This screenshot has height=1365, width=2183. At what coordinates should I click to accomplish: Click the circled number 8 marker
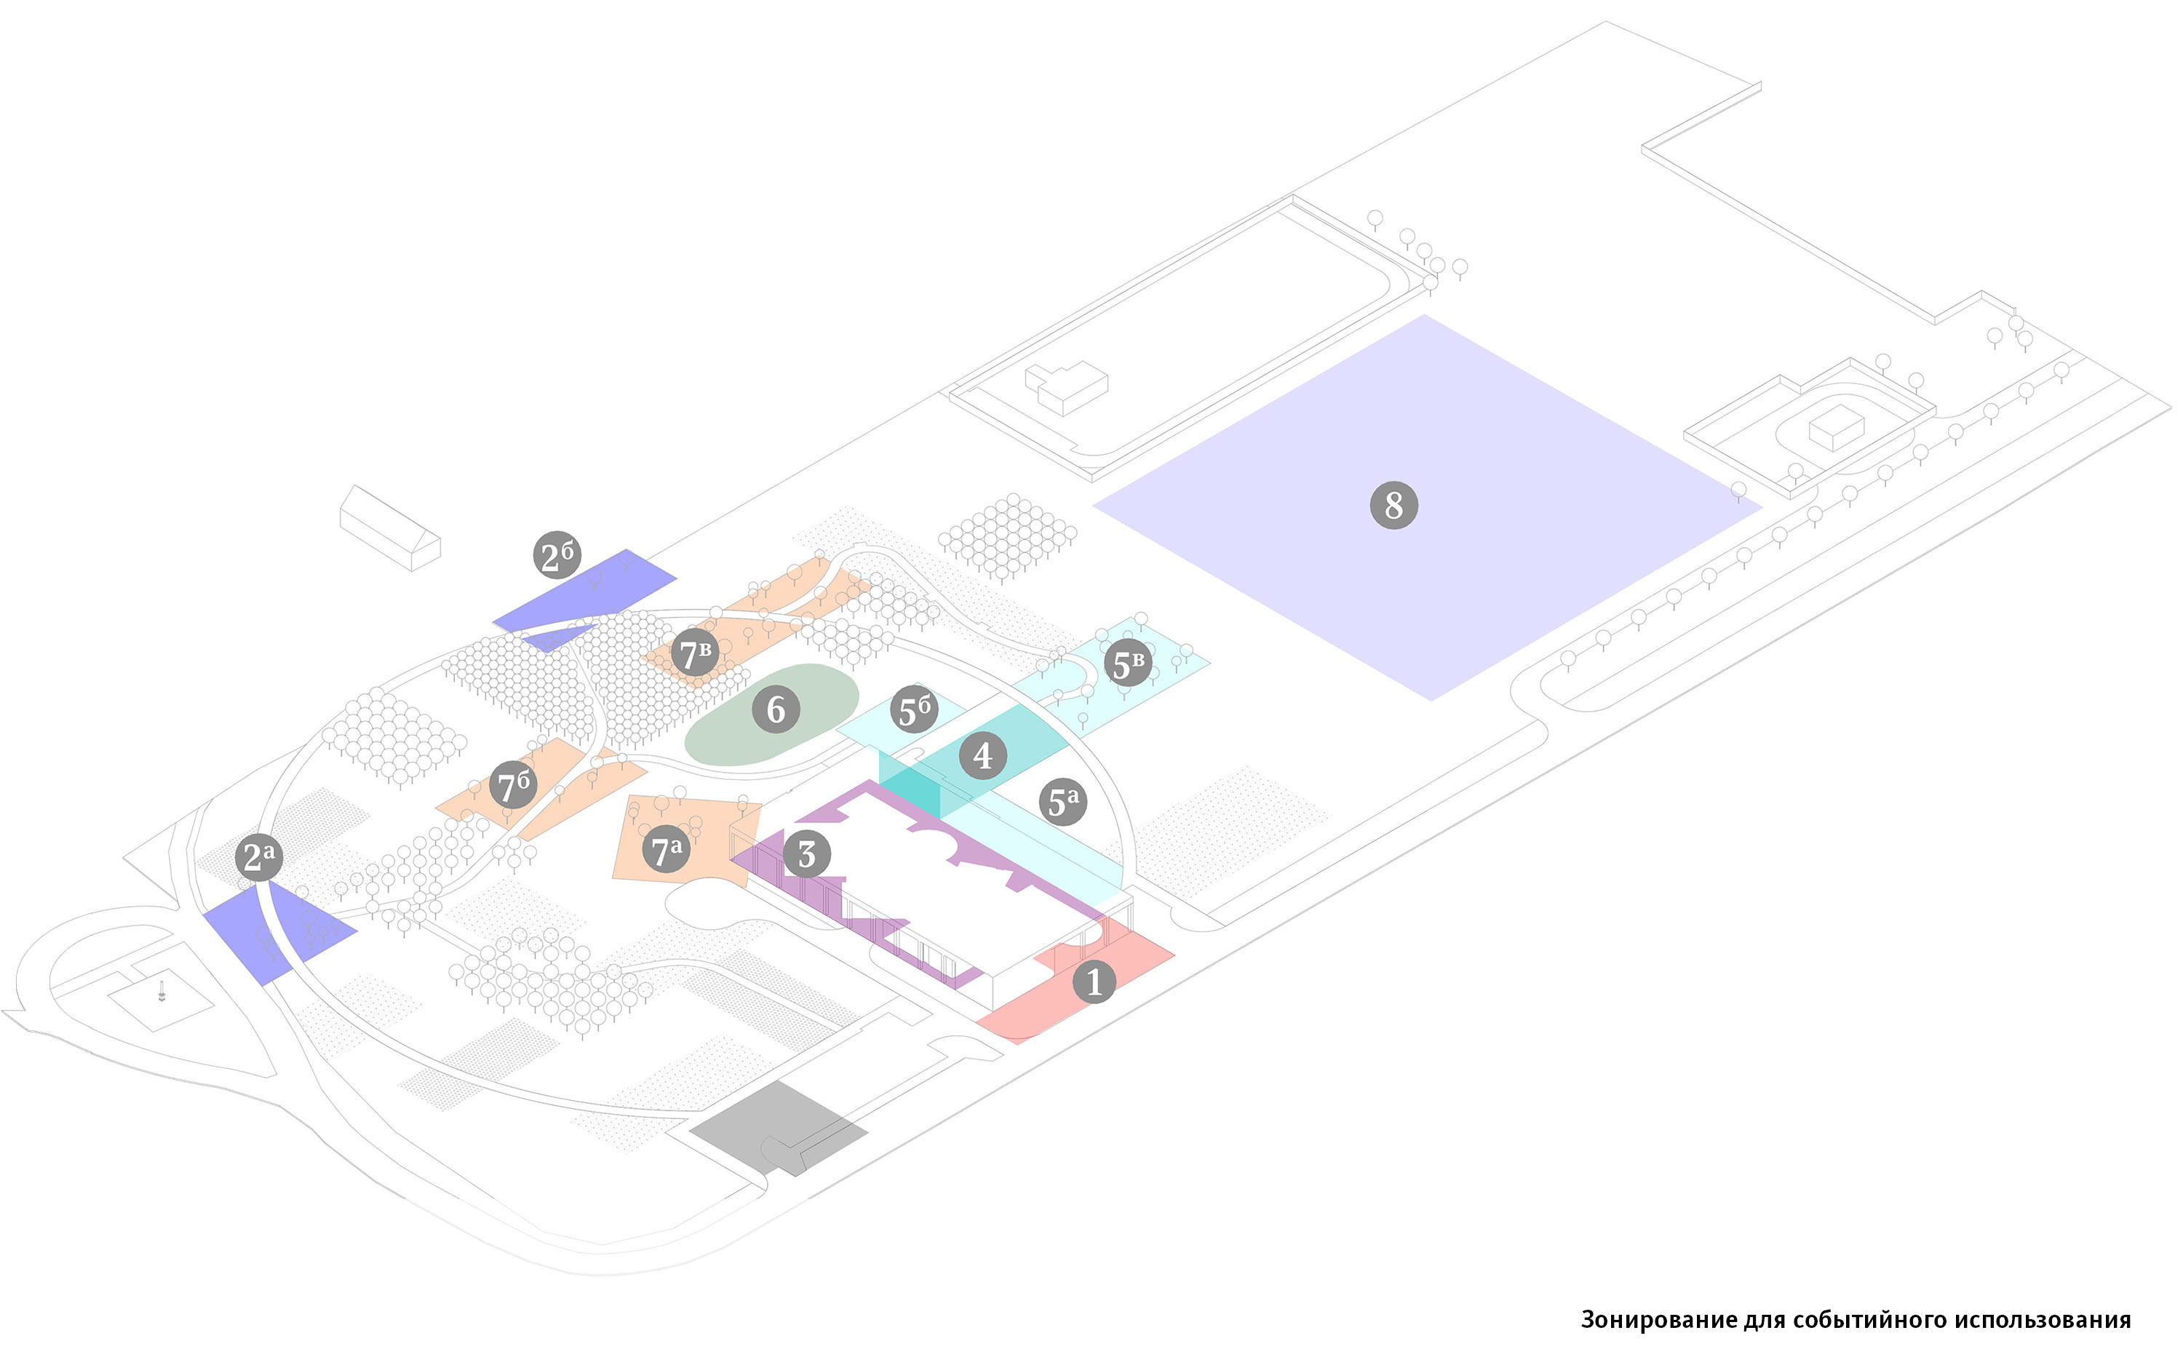(1394, 506)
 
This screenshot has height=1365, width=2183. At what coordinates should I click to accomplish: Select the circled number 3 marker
(806, 854)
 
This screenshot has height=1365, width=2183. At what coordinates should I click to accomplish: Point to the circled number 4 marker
(983, 755)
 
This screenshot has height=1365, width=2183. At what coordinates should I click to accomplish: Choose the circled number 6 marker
(776, 709)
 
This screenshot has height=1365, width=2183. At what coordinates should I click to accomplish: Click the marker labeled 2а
(259, 856)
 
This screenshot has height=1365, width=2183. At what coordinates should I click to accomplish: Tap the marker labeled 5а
(1064, 802)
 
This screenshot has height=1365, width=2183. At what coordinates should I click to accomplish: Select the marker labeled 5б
(914, 709)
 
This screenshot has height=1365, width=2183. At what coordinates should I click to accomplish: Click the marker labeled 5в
(1128, 664)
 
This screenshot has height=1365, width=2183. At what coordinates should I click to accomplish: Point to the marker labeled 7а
(667, 850)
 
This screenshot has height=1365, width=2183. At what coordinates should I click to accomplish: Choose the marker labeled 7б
(514, 784)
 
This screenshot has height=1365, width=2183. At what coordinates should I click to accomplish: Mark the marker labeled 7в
(694, 653)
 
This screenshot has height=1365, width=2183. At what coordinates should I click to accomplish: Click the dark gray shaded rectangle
(778, 1129)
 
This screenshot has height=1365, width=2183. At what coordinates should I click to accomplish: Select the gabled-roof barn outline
(390, 528)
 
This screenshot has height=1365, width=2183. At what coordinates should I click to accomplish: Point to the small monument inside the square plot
(162, 990)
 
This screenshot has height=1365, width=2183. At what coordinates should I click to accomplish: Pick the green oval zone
(771, 714)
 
